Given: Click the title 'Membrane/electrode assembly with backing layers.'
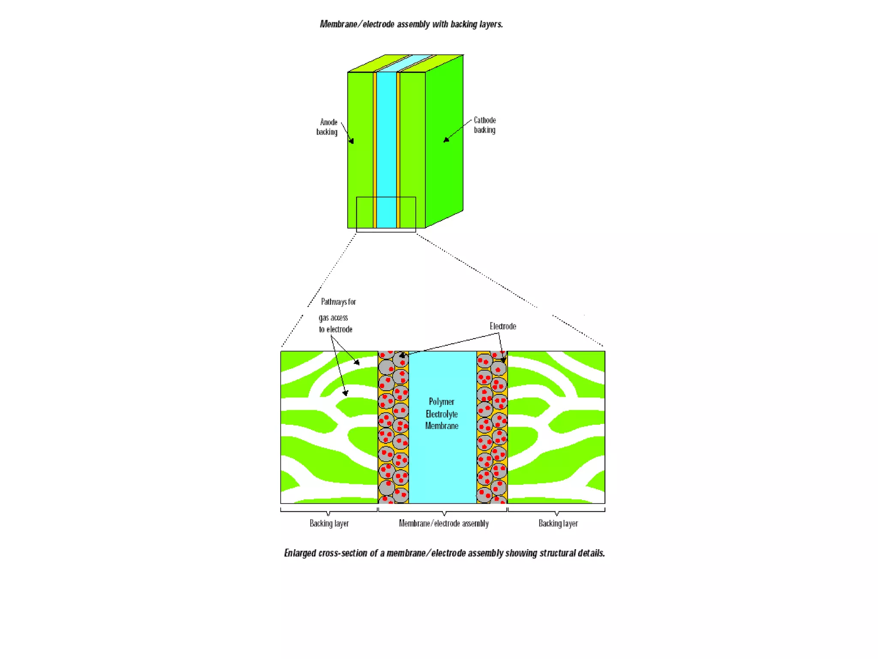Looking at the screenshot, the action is tap(411, 24).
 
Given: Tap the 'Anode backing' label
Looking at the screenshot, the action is tap(327, 127).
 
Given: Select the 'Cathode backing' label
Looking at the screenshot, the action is tap(484, 125).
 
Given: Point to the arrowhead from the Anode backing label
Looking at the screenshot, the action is tap(352, 141).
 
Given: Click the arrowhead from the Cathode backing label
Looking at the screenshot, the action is tap(446, 139).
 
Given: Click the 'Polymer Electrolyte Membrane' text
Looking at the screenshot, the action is tap(442, 414).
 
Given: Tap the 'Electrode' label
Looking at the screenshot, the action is tap(503, 326).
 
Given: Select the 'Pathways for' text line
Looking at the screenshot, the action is tap(338, 302).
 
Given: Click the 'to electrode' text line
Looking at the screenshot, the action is tap(335, 329).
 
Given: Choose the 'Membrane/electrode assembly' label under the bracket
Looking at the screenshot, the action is tap(444, 523).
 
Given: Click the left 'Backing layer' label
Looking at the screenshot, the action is tap(329, 523).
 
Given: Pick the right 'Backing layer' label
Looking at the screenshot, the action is tap(558, 523).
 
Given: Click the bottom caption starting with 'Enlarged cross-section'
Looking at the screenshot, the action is tap(445, 553).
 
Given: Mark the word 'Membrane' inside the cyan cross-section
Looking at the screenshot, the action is tap(442, 426).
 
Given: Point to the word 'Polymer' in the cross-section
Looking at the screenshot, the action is tap(442, 402).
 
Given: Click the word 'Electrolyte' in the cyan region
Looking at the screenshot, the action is tap(442, 414).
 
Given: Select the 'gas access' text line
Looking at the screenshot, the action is tap(333, 318).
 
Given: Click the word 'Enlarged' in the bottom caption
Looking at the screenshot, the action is tap(300, 553).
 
